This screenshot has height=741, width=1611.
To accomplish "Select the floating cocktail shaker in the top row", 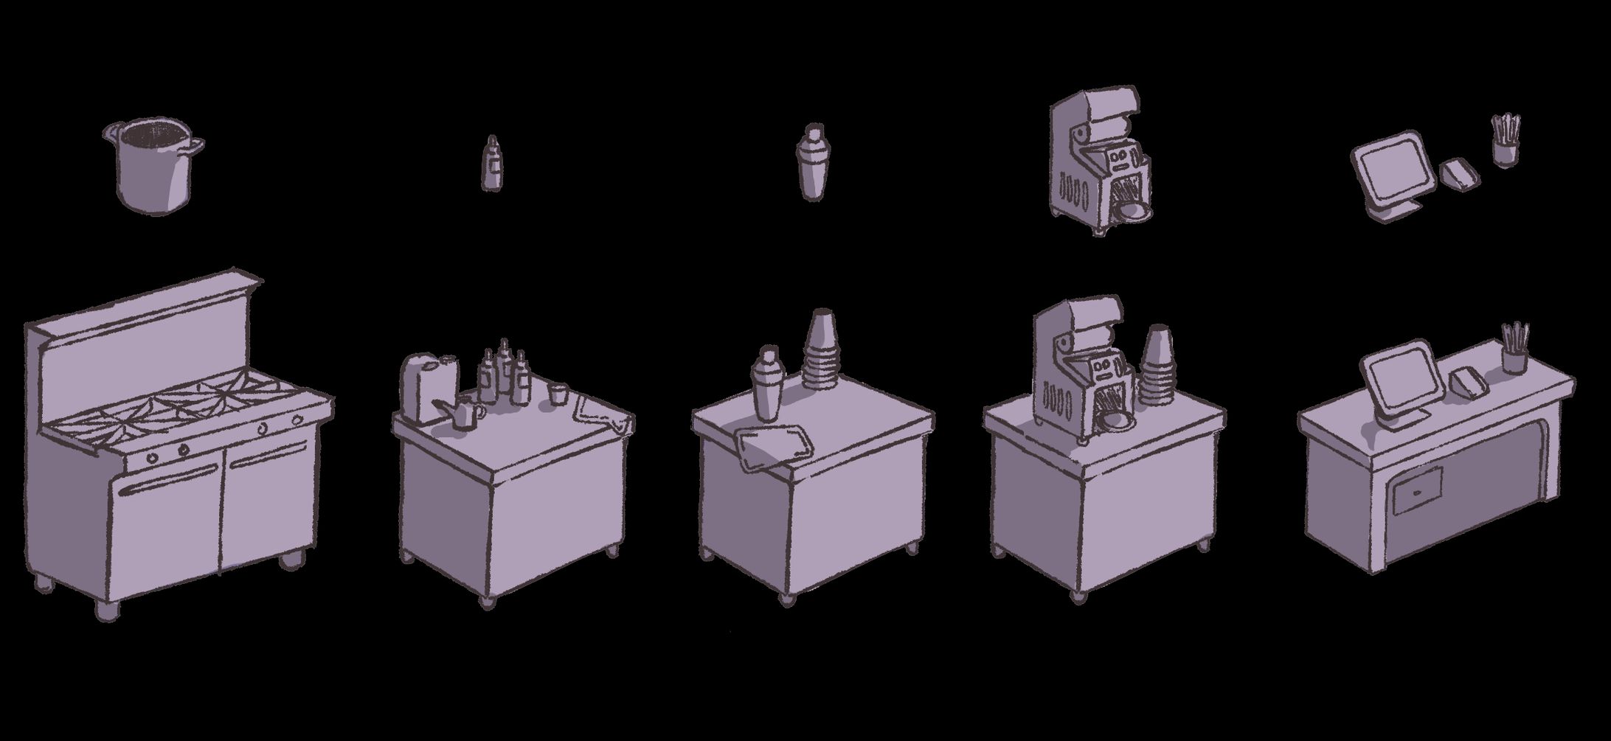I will [812, 161].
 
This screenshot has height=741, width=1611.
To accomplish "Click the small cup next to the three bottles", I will [558, 393].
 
